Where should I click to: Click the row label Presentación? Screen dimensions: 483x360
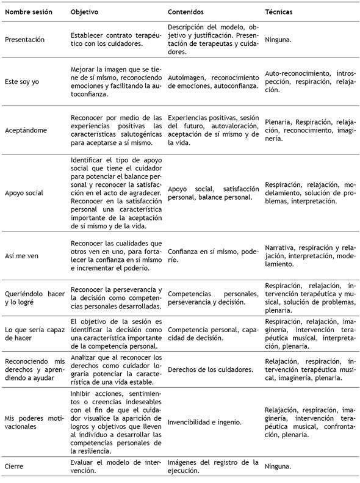(24, 40)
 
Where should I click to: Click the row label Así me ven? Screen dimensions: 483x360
(22, 255)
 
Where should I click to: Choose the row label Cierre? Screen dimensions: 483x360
(14, 466)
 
